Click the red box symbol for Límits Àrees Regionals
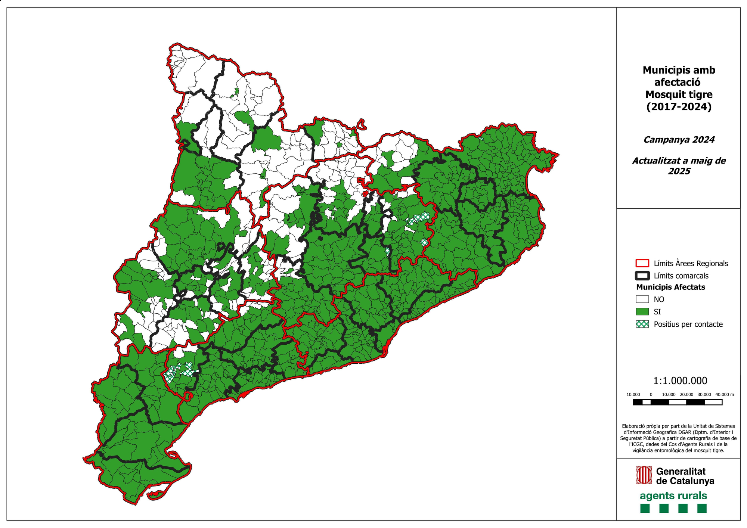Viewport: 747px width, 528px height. pyautogui.click(x=642, y=263)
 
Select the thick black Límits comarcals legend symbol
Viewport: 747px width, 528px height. pyautogui.click(x=642, y=276)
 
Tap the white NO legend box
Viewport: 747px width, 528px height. pyautogui.click(x=642, y=299)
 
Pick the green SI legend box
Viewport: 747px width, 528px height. pyautogui.click(x=642, y=311)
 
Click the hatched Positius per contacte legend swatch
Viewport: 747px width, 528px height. pyautogui.click(x=642, y=324)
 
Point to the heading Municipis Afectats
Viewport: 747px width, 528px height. pyautogui.click(x=670, y=287)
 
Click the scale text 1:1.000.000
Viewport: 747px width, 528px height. pyautogui.click(x=680, y=381)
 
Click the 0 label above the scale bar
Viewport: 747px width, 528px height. pyautogui.click(x=651, y=394)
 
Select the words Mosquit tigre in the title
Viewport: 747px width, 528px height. pyautogui.click(x=679, y=94)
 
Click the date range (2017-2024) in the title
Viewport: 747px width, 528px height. pyautogui.click(x=679, y=107)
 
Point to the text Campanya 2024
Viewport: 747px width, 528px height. pyautogui.click(x=679, y=140)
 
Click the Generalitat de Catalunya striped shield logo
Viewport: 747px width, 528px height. pyautogui.click(x=644, y=475)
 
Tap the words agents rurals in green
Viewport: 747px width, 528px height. pyautogui.click(x=673, y=496)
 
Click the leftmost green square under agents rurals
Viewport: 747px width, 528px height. pyautogui.click(x=645, y=508)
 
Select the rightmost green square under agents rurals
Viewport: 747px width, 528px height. pyautogui.click(x=702, y=508)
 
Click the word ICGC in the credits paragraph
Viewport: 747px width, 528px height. pyautogui.click(x=636, y=444)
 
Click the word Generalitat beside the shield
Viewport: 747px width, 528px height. pyautogui.click(x=681, y=471)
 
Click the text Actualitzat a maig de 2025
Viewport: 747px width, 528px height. pyautogui.click(x=679, y=166)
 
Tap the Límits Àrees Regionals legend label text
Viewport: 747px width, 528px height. pyautogui.click(x=691, y=264)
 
